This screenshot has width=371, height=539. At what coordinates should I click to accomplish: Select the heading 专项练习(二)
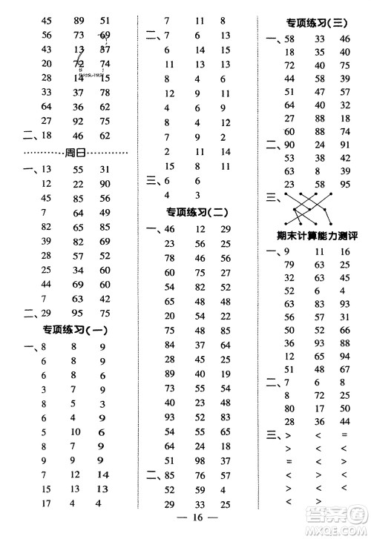click(x=197, y=213)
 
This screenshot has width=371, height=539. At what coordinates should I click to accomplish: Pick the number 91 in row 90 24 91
click(x=344, y=145)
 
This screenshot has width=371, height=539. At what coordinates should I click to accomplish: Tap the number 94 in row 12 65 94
click(x=344, y=357)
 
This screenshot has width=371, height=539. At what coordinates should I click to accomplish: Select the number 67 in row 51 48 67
click(x=344, y=369)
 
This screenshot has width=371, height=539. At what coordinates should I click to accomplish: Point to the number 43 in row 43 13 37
click(x=47, y=50)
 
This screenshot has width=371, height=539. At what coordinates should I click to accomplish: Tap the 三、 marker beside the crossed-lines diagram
click(x=272, y=197)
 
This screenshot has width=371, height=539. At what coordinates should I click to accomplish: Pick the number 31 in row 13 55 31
click(x=104, y=170)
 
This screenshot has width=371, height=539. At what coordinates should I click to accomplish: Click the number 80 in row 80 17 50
click(x=289, y=409)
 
